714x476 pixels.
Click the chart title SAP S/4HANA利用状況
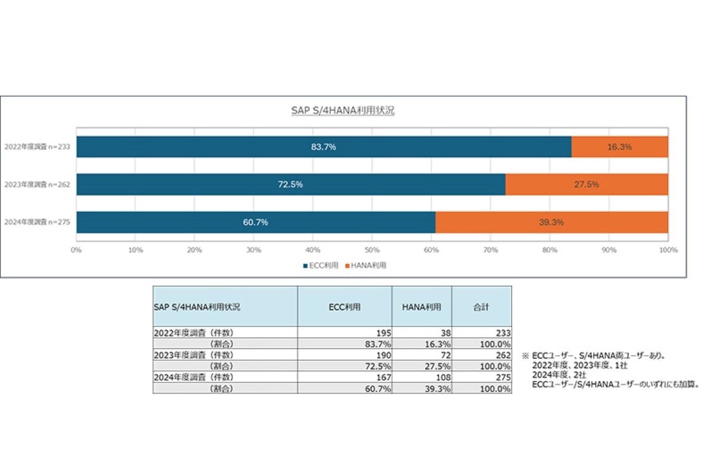pyautogui.click(x=343, y=111)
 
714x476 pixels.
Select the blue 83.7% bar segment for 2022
pyautogui.click(x=324, y=147)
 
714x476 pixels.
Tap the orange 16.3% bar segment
pyautogui.click(x=619, y=147)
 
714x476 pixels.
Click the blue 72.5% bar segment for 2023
pyautogui.click(x=290, y=184)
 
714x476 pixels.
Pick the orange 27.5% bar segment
pyautogui.click(x=586, y=184)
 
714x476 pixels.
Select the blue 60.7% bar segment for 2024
pyautogui.click(x=256, y=222)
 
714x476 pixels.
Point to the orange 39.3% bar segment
pyautogui.click(x=552, y=222)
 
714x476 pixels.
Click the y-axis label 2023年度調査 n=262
pyautogui.click(x=37, y=184)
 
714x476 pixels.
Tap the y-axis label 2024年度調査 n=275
pyautogui.click(x=37, y=222)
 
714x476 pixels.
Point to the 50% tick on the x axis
pyautogui.click(x=372, y=250)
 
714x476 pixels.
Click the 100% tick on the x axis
pyautogui.click(x=668, y=250)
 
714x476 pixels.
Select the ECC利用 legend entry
pyautogui.click(x=321, y=265)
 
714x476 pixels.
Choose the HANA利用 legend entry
pyautogui.click(x=366, y=265)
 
